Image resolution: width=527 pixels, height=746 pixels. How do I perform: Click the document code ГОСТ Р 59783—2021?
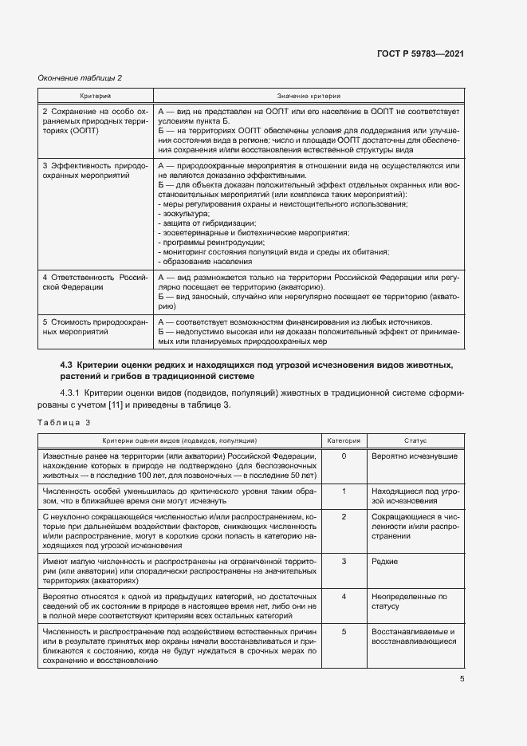point(421,53)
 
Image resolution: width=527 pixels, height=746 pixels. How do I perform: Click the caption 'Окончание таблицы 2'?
point(80,77)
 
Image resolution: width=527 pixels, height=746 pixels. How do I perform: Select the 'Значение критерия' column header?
point(308,95)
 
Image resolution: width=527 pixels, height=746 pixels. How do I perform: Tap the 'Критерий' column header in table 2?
point(95,95)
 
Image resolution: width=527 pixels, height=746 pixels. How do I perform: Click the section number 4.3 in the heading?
point(68,365)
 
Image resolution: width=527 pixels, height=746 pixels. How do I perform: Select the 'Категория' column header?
point(344,440)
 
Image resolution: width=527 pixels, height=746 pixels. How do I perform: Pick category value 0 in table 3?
point(344,456)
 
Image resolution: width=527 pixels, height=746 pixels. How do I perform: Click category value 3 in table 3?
point(344,562)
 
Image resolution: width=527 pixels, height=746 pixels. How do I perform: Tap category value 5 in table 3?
point(344,632)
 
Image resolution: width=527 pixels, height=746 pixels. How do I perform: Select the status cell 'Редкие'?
point(385,562)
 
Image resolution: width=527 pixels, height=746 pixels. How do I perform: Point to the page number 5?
point(462,679)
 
